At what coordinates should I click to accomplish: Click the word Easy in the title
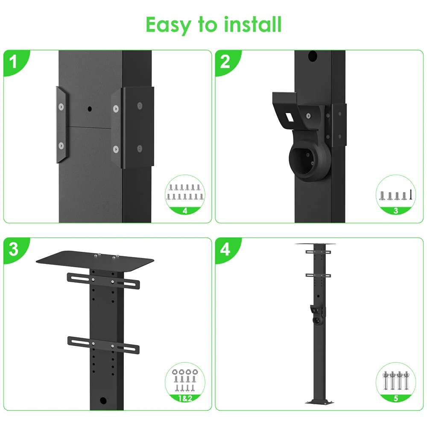168,25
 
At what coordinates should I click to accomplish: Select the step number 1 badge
14,62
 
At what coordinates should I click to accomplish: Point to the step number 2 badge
225,62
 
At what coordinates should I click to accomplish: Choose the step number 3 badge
14,249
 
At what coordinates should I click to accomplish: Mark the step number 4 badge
225,249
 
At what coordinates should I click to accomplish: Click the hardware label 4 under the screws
185,211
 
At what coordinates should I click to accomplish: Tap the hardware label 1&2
185,398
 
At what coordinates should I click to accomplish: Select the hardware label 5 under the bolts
396,398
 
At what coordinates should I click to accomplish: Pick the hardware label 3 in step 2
396,211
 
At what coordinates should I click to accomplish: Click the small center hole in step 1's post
90,109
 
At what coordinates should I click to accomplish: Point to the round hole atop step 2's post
313,56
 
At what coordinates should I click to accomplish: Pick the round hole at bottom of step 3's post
103,401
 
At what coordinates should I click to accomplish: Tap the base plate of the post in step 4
319,401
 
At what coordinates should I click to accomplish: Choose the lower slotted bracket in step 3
103,345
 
